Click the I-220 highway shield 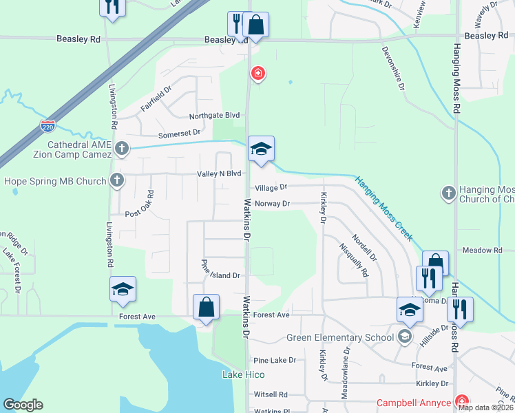[x=48, y=126]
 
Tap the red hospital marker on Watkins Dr [x=258, y=73]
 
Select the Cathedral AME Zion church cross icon [x=122, y=147]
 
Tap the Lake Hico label [x=243, y=374]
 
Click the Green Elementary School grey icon [x=405, y=337]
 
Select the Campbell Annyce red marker [x=463, y=402]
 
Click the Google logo [x=23, y=405]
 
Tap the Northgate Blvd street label [x=219, y=115]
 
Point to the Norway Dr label [x=273, y=204]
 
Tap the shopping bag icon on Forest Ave [x=207, y=307]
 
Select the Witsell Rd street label [x=271, y=394]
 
